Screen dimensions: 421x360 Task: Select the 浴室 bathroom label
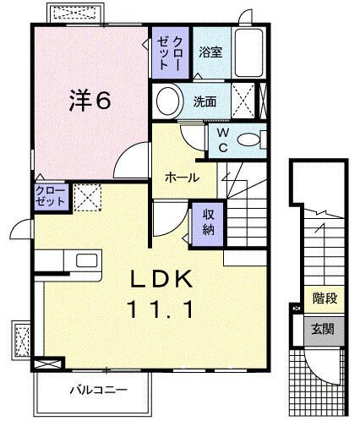coord(210,52)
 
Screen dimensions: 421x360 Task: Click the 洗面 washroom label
coord(205,101)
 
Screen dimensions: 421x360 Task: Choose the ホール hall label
coord(183,178)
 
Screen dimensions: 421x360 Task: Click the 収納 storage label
coord(209,222)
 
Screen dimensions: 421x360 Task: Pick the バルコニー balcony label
coord(99,391)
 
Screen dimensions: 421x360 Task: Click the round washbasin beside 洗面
coord(167,102)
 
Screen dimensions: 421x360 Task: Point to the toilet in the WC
coord(250,140)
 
